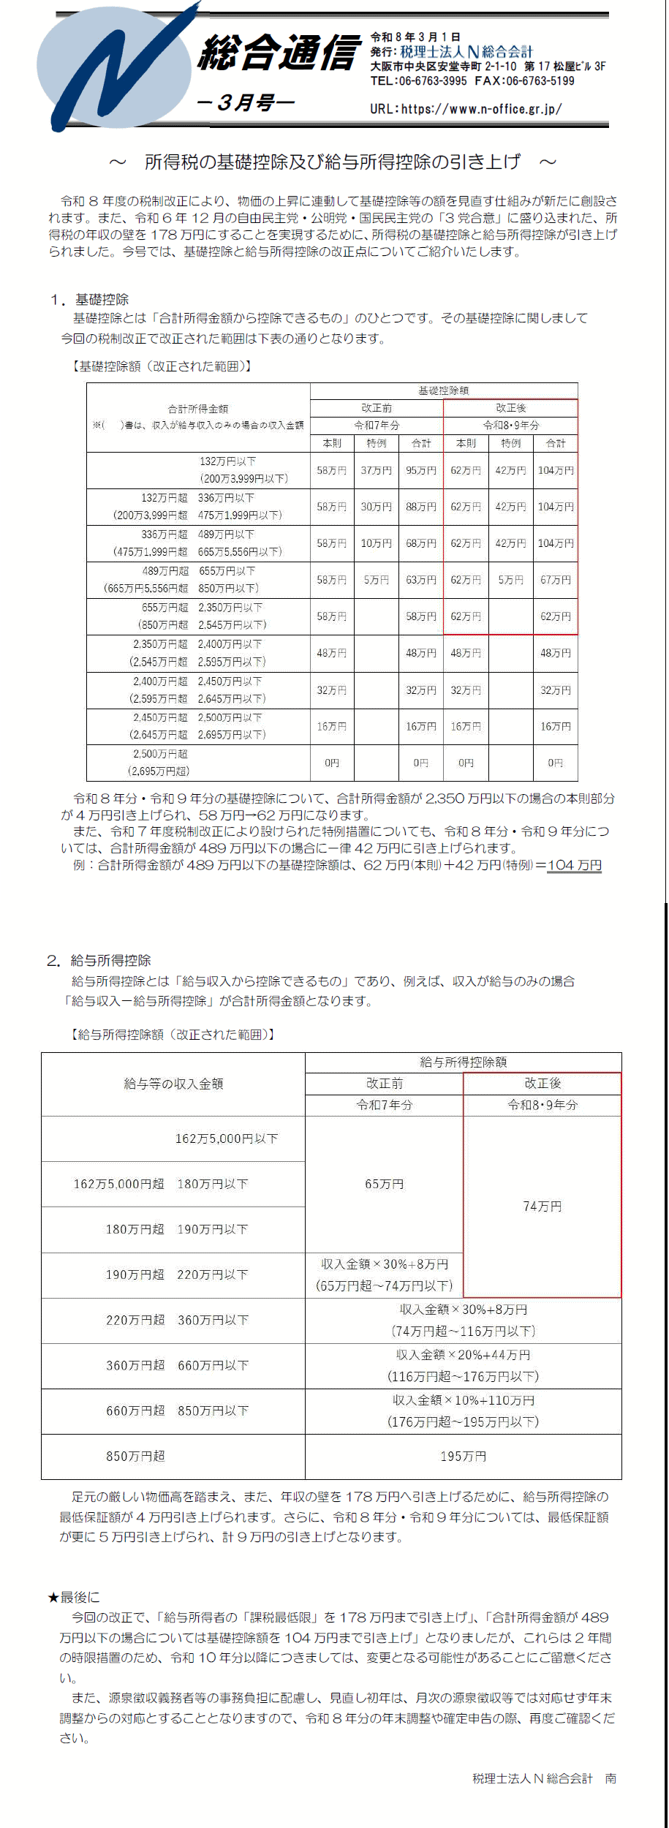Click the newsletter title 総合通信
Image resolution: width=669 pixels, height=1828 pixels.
click(x=280, y=53)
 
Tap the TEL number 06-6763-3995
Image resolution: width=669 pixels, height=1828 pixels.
click(x=432, y=81)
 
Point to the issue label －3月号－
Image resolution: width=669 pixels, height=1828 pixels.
click(x=246, y=103)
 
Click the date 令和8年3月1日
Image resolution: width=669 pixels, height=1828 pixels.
click(x=415, y=37)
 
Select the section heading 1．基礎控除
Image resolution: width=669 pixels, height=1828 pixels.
click(x=89, y=299)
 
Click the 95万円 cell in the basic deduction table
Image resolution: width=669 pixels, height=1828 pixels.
click(x=421, y=470)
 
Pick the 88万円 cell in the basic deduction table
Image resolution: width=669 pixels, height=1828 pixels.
click(x=421, y=507)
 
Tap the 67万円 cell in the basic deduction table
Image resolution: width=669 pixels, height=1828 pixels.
click(x=556, y=580)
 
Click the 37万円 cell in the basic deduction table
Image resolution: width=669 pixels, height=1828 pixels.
click(x=377, y=470)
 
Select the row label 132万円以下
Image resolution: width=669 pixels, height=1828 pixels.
click(x=227, y=461)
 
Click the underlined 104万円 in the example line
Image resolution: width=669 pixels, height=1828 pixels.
click(x=575, y=865)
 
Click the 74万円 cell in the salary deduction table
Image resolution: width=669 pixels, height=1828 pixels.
click(x=543, y=1206)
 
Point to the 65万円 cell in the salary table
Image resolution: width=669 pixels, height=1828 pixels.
click(x=384, y=1184)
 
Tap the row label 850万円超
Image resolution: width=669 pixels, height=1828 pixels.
click(x=135, y=1456)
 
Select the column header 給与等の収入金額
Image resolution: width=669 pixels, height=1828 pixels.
click(x=173, y=1084)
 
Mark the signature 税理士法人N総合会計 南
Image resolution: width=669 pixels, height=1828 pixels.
click(x=544, y=1778)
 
